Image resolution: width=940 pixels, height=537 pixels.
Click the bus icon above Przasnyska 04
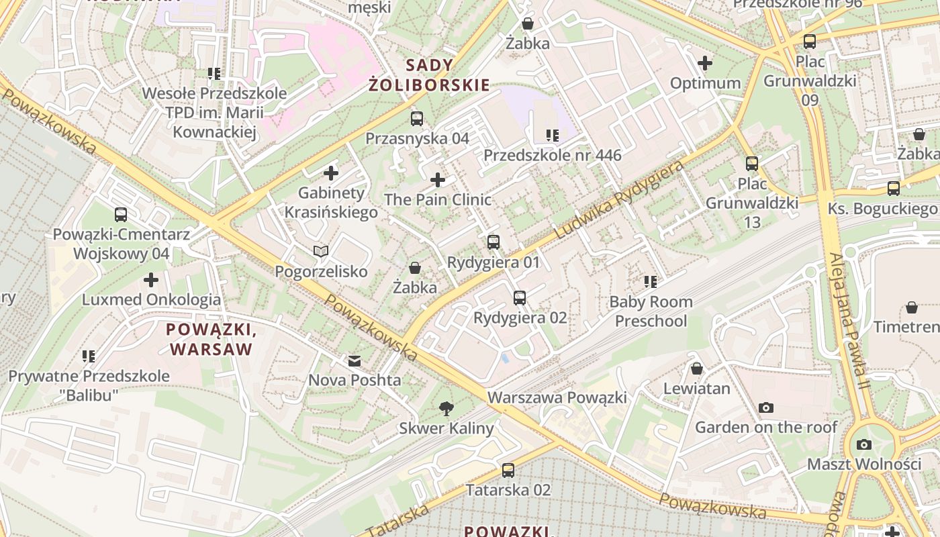417,119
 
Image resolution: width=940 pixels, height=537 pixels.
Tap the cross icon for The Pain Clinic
438,180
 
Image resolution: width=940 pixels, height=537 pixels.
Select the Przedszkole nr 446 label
552,156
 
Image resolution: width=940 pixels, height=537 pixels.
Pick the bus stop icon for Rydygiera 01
493,242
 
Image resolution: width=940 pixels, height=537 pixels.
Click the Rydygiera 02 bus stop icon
519,297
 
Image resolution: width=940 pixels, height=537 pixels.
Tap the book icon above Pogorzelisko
321,252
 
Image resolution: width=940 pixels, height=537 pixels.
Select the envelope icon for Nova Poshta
354,361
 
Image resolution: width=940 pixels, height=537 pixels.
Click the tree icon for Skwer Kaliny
446,408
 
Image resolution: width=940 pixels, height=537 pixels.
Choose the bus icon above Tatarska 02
508,470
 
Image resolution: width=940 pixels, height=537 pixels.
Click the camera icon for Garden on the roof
765,407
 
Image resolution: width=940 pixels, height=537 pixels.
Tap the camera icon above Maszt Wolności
864,444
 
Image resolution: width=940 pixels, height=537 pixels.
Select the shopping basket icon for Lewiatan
697,369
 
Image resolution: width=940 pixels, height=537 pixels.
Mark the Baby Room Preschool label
651,311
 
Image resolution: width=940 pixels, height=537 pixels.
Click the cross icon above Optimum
705,64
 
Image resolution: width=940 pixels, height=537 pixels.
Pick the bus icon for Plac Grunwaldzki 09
810,41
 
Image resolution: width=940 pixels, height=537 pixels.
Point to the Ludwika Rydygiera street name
620,199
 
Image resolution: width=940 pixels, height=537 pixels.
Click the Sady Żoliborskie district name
429,75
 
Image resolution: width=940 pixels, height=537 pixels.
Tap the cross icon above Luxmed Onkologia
152,280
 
